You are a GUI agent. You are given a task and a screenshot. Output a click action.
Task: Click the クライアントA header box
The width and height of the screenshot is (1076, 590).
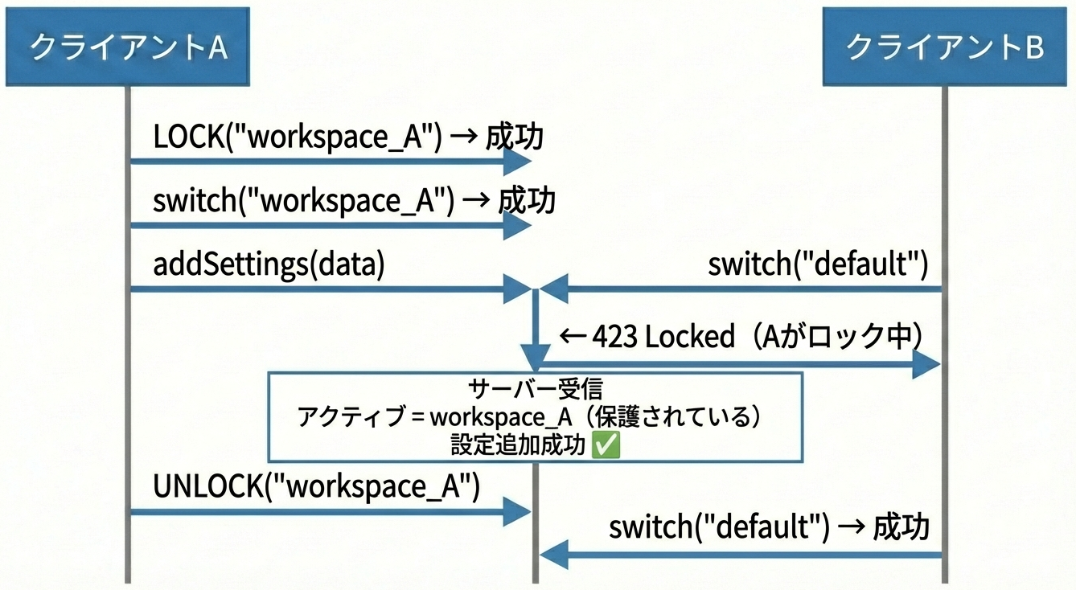coord(128,47)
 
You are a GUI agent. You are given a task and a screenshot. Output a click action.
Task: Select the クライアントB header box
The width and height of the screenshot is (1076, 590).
coord(945,47)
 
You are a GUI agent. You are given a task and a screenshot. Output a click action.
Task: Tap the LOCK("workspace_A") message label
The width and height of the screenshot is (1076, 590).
coord(298,137)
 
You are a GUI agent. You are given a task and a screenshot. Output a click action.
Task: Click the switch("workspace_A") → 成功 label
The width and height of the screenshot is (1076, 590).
coord(354,201)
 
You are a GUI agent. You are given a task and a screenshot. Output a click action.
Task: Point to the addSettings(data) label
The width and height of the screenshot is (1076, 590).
coord(269,264)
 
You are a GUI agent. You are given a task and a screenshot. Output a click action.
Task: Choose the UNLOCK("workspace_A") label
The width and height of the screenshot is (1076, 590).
coord(316,487)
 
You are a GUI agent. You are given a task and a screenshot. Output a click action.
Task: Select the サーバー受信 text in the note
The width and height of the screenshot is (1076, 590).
coord(535,389)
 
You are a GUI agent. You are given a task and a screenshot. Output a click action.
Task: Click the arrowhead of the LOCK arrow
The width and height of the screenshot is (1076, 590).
coord(517,162)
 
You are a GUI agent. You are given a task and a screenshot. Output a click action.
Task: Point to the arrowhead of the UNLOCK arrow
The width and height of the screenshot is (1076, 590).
coord(517,511)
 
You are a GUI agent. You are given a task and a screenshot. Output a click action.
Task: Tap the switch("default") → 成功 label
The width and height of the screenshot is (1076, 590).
coord(769,528)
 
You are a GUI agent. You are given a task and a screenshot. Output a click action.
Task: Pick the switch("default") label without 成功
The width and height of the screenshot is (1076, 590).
coord(818,264)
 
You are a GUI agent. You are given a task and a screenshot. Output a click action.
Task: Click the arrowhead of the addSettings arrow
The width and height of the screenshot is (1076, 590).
coord(517,288)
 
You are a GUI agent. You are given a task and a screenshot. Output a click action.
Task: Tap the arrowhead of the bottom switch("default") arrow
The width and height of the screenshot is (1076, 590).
coord(554,554)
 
